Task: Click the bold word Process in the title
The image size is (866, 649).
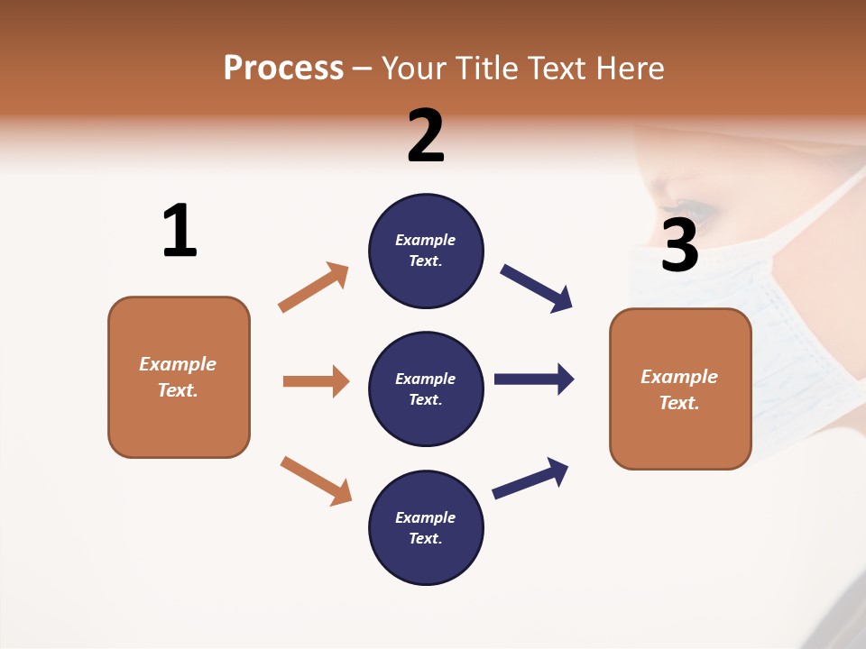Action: click(283, 69)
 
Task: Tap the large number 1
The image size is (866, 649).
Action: click(180, 231)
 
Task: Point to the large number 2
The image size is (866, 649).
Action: click(426, 136)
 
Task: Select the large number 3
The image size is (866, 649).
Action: click(679, 245)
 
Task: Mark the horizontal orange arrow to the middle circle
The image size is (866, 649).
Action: click(316, 381)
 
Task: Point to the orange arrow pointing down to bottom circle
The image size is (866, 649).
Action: click(316, 480)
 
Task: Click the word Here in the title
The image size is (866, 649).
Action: click(631, 69)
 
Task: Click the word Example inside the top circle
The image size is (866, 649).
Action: click(426, 240)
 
